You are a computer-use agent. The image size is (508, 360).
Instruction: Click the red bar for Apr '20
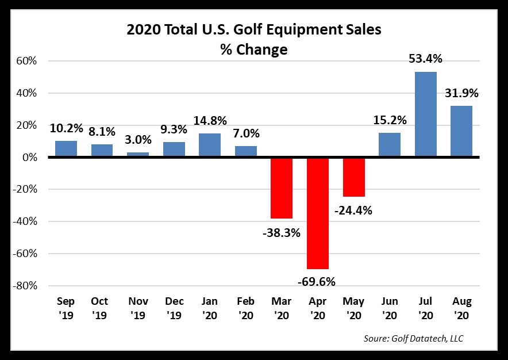click(318, 213)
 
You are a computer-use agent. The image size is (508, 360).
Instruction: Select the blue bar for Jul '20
click(426, 114)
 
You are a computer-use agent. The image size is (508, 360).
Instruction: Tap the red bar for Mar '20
click(282, 188)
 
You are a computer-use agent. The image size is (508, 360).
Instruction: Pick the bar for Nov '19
click(138, 154)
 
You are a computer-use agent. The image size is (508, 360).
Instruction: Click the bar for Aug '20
click(461, 132)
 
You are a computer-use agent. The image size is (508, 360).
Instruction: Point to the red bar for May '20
click(353, 177)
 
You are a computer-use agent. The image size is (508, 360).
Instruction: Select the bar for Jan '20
click(210, 145)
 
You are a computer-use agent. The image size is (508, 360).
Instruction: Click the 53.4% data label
click(426, 59)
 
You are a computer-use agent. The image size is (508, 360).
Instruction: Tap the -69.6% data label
click(317, 281)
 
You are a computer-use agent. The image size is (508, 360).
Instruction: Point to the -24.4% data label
click(353, 210)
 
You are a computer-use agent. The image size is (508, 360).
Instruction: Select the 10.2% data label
click(66, 128)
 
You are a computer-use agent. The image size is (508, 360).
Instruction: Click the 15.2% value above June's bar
click(390, 120)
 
